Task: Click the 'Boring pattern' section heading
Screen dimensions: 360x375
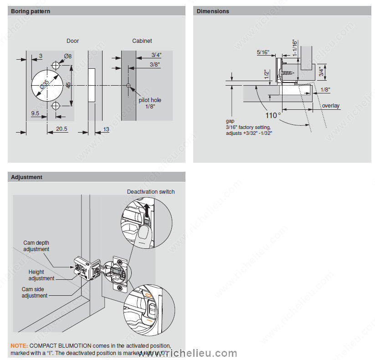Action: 31,11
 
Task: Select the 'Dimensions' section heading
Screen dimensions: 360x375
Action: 213,11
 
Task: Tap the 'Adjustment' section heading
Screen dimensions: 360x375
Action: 26,177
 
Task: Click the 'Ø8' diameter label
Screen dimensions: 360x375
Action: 68,56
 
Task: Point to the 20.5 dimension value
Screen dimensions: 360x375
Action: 62,129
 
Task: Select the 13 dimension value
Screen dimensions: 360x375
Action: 106,129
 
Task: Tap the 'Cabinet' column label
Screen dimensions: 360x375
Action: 142,41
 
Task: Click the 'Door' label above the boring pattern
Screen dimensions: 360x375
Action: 72,41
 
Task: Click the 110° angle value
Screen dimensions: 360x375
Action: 273,115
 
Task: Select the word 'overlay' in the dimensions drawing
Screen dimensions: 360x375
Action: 331,106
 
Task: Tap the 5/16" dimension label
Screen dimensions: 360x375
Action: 262,52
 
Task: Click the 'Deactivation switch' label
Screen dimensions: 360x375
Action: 150,191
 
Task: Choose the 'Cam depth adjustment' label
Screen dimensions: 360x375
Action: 36,246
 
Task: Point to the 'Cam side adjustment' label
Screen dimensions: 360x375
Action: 35,293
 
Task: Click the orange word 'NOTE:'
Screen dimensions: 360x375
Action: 19,346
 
